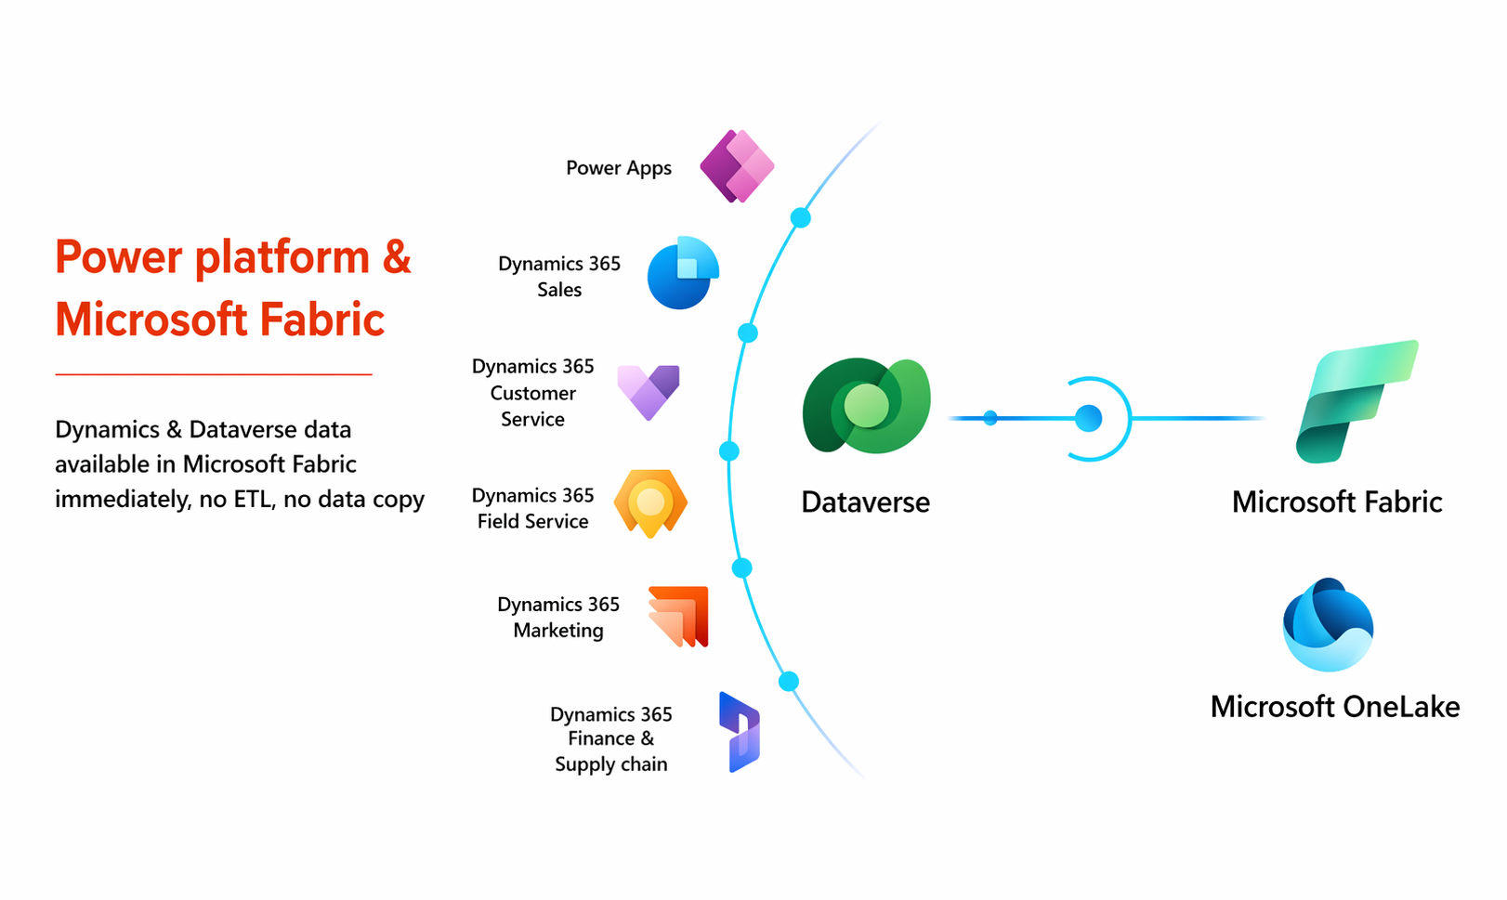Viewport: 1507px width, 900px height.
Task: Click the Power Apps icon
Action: (x=737, y=166)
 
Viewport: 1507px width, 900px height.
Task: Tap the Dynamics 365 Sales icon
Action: (x=683, y=273)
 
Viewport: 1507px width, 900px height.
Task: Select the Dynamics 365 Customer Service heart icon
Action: (x=649, y=391)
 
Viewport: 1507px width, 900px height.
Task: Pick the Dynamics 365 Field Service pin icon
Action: (x=650, y=502)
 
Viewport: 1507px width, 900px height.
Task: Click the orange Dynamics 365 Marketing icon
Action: (x=679, y=616)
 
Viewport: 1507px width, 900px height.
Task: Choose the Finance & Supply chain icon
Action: (x=740, y=732)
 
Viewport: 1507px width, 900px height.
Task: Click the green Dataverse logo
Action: (x=866, y=406)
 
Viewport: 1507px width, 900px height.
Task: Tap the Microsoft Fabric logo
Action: (x=1356, y=401)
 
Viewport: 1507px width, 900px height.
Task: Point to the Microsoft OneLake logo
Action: (x=1328, y=624)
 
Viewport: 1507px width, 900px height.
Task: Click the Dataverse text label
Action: (x=865, y=502)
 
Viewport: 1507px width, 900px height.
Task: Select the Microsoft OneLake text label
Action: (x=1334, y=707)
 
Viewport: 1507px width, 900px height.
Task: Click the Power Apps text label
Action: (x=619, y=168)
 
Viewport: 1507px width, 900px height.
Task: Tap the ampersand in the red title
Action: (x=397, y=257)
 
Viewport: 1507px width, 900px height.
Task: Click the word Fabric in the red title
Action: (x=322, y=320)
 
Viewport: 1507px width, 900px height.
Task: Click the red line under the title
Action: (x=214, y=374)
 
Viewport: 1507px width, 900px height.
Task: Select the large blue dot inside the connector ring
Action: (x=1088, y=419)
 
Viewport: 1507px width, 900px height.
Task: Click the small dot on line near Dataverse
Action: (x=990, y=418)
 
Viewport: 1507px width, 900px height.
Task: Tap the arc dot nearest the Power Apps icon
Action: (x=800, y=218)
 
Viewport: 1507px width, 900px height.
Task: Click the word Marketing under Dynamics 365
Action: (x=558, y=631)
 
